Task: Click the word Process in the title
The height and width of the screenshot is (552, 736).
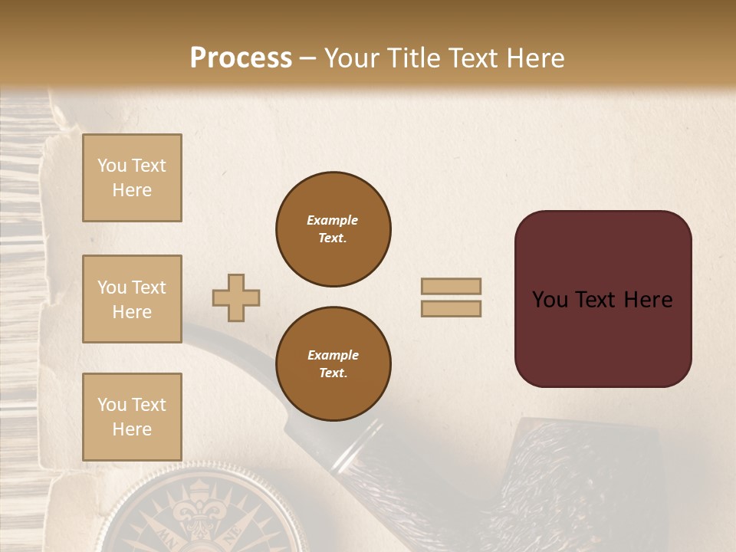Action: click(x=241, y=58)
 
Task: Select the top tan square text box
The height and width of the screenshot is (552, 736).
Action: click(x=132, y=178)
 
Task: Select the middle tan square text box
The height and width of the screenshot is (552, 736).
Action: click(x=132, y=299)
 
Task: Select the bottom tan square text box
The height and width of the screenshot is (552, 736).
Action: click(x=132, y=417)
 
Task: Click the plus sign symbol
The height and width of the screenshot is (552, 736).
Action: click(x=236, y=298)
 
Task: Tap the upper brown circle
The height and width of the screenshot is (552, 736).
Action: click(x=333, y=229)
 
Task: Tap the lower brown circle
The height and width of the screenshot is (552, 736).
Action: click(x=333, y=364)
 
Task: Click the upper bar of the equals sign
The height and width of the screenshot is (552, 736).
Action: click(x=452, y=287)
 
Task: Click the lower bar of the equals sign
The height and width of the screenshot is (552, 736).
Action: click(x=452, y=308)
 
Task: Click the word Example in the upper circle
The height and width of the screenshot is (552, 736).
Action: click(x=333, y=220)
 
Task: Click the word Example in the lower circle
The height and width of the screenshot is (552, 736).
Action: click(x=333, y=355)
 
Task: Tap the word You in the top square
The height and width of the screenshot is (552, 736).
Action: click(x=112, y=166)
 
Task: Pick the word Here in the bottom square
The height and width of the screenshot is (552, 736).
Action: click(x=132, y=429)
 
